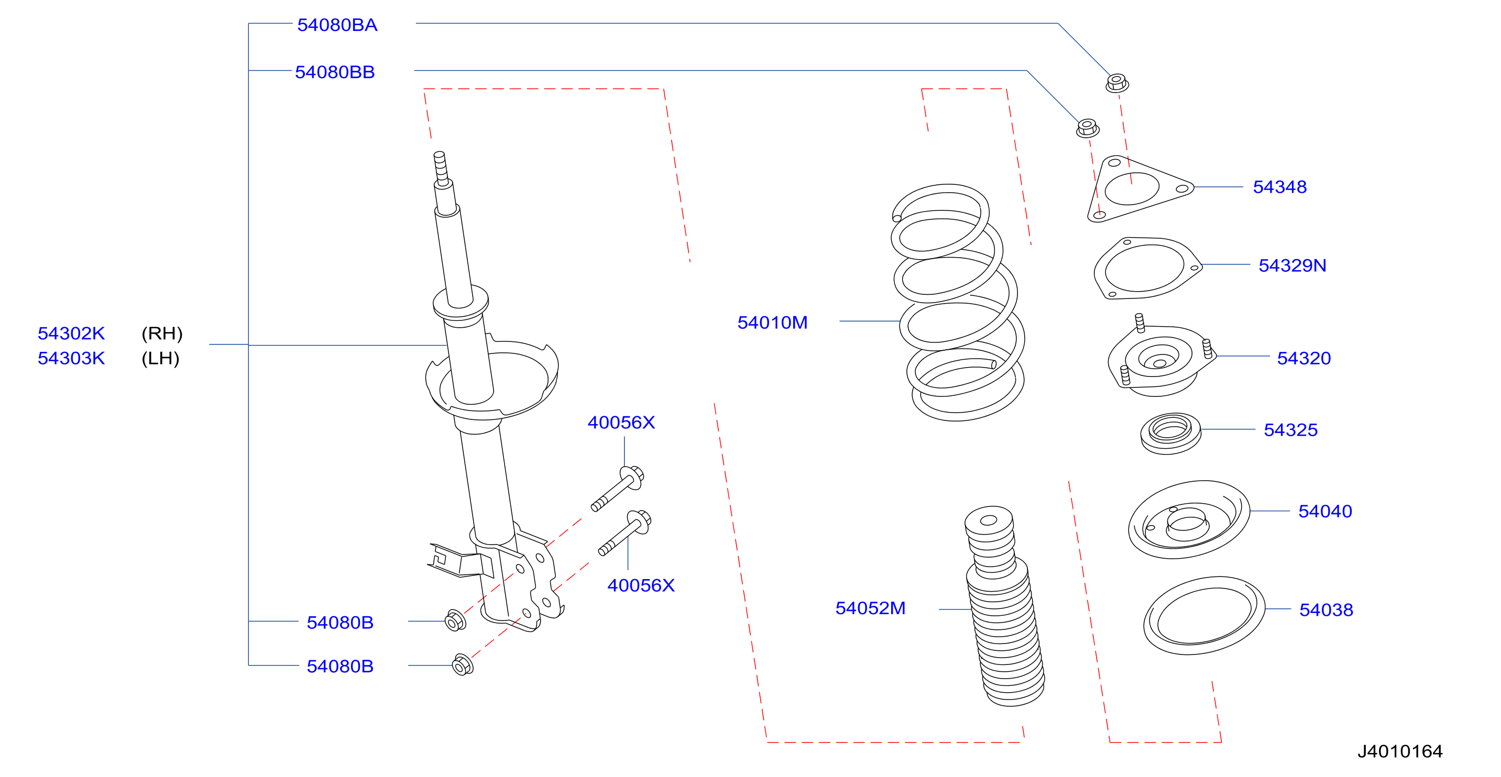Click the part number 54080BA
(x=337, y=25)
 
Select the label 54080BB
(x=335, y=72)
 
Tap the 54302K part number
(x=71, y=333)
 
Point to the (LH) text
(x=160, y=358)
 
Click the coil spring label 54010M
(x=773, y=323)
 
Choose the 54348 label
(x=1279, y=187)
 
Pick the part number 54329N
(x=1292, y=265)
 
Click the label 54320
(x=1304, y=358)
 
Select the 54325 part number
(x=1290, y=430)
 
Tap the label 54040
(x=1325, y=512)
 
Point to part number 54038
(x=1326, y=610)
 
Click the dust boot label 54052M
(x=871, y=608)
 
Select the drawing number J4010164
(x=1400, y=751)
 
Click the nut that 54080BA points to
(x=1117, y=83)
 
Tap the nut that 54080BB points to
(x=1087, y=128)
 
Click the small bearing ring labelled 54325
(x=1170, y=434)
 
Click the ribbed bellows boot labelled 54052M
(x=1004, y=606)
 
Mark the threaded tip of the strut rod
(x=441, y=168)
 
